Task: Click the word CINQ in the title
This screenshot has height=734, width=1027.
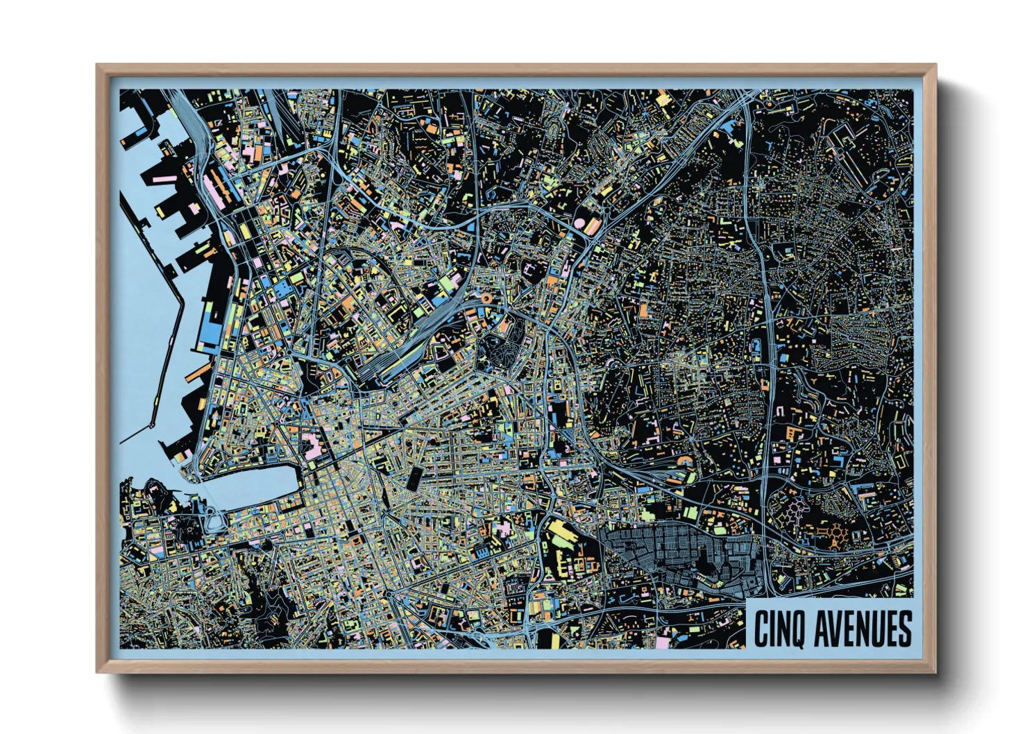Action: tap(779, 629)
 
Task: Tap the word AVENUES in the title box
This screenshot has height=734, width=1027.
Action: tap(863, 629)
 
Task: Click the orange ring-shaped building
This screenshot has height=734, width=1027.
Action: tap(486, 298)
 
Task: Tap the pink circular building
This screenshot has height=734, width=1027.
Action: tap(580, 223)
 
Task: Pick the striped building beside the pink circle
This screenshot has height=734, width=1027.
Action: tap(593, 226)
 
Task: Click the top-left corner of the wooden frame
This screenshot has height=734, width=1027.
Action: tap(97, 65)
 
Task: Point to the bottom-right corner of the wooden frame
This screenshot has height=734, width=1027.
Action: tap(936, 672)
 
